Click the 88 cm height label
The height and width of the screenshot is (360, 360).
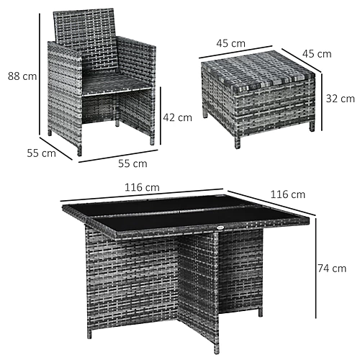tap(22, 76)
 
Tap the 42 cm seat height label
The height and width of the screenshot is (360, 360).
tap(178, 117)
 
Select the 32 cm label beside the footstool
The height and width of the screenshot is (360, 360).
tap(341, 99)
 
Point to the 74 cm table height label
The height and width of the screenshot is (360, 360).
tap(332, 269)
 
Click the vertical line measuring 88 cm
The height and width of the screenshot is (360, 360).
tap(40, 74)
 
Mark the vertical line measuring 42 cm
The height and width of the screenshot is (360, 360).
tap(161, 116)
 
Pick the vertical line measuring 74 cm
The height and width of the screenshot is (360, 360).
tap(316, 268)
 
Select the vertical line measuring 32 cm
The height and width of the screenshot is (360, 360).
tap(322, 102)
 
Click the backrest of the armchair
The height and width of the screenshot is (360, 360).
tap(85, 38)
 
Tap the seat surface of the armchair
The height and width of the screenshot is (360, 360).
tap(117, 84)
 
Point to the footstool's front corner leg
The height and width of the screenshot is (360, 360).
tap(237, 143)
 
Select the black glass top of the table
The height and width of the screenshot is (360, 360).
tap(185, 212)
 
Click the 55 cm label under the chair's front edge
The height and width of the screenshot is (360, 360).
tap(132, 163)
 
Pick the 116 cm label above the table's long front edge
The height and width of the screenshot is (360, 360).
tap(142, 187)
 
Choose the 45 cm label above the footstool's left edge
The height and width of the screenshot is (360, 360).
tap(231, 43)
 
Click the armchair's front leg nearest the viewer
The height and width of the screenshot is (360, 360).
tap(79, 150)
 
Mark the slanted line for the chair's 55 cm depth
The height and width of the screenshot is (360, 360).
tap(56, 148)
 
